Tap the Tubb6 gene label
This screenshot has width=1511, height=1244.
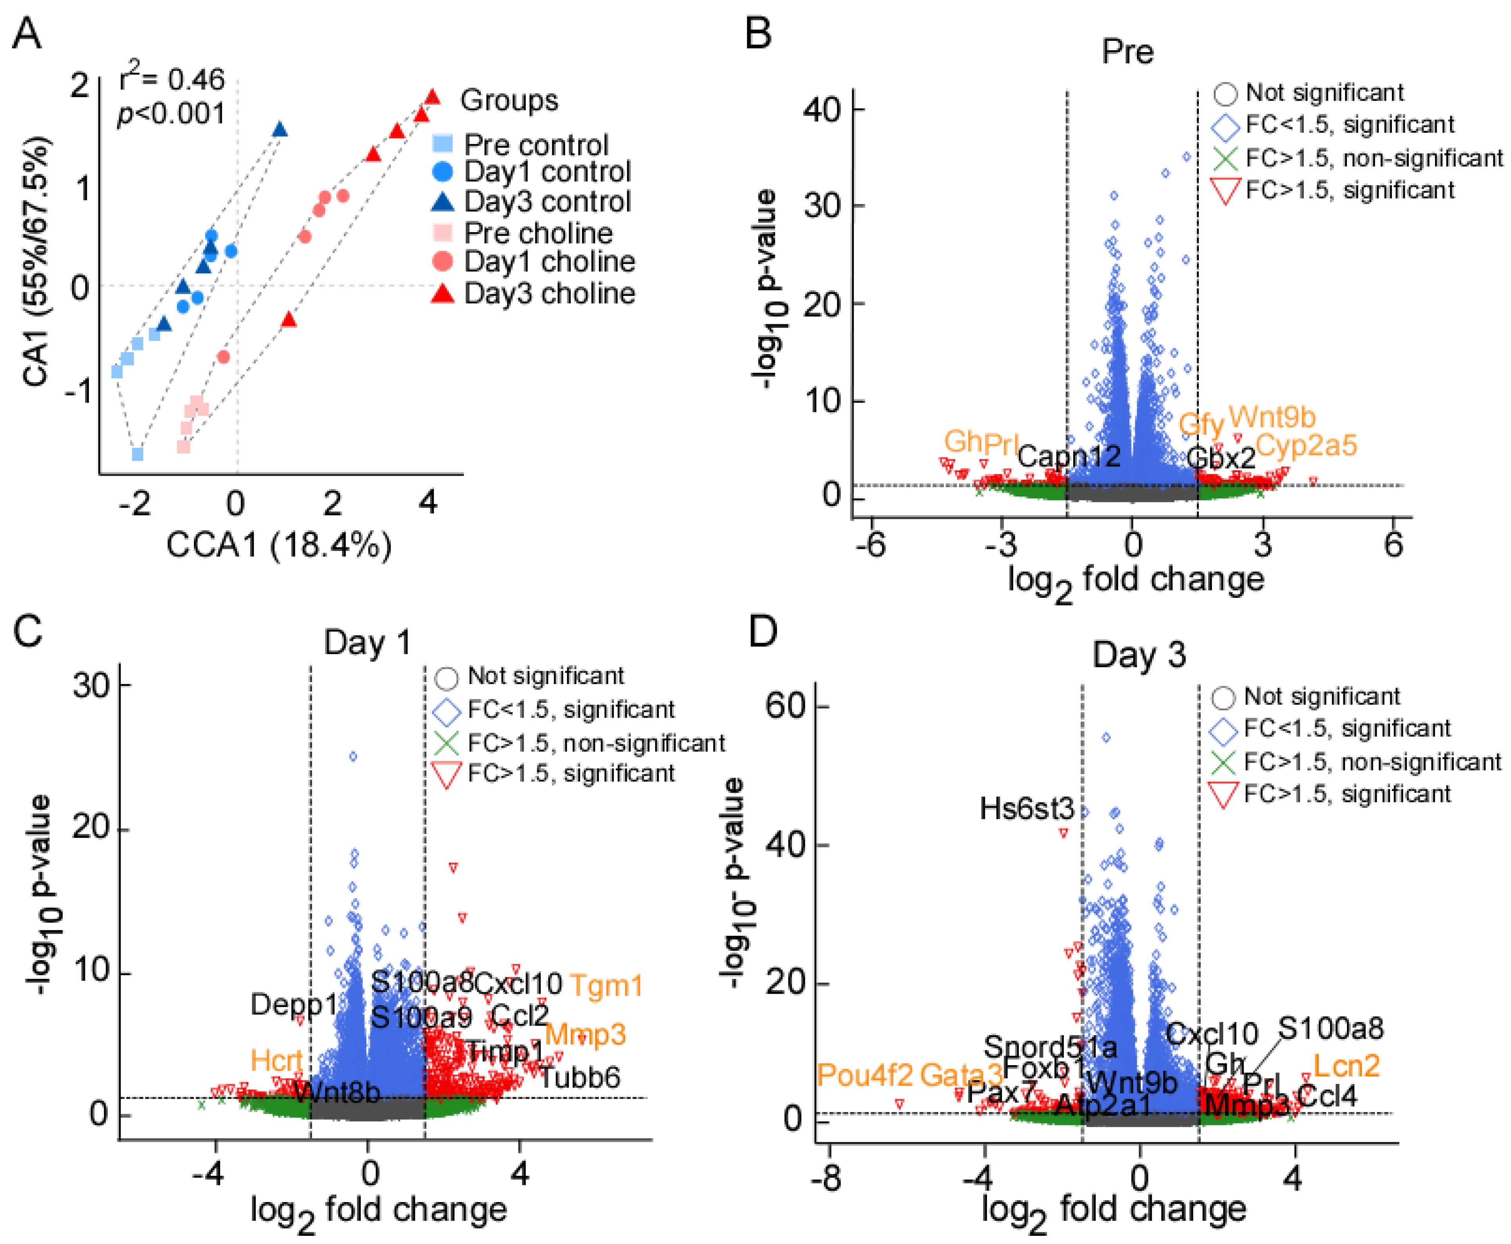[x=579, y=1077]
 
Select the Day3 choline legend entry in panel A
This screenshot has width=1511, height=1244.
[x=548, y=293]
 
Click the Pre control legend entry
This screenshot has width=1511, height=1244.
[x=535, y=145]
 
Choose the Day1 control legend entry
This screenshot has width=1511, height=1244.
[x=547, y=172]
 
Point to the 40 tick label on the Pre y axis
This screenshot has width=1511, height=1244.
[x=821, y=110]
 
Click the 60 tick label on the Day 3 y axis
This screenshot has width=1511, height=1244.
[x=786, y=706]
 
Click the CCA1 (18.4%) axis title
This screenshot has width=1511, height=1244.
[x=279, y=545]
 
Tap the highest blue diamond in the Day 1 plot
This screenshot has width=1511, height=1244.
[x=352, y=756]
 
